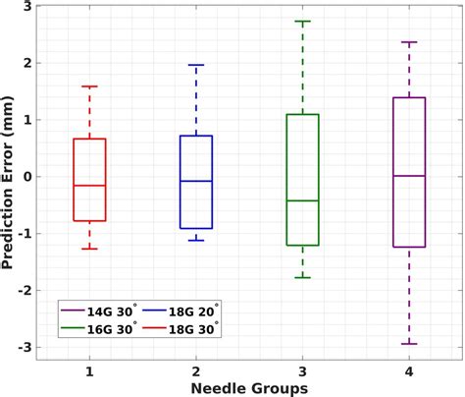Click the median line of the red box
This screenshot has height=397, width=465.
90,186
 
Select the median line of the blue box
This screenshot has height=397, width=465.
196,181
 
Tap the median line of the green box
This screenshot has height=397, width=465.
302,200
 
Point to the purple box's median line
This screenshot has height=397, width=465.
409,176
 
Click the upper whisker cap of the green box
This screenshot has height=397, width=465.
302,22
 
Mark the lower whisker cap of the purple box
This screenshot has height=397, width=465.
409,344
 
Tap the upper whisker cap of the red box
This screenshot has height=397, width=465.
90,86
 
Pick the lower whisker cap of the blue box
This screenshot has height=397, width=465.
196,240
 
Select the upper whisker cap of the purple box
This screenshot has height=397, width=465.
409,42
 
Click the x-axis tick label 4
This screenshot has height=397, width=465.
409,371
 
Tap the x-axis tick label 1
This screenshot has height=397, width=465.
90,371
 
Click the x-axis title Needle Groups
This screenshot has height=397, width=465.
249,388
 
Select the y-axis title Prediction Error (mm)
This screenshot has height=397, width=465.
9,177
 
